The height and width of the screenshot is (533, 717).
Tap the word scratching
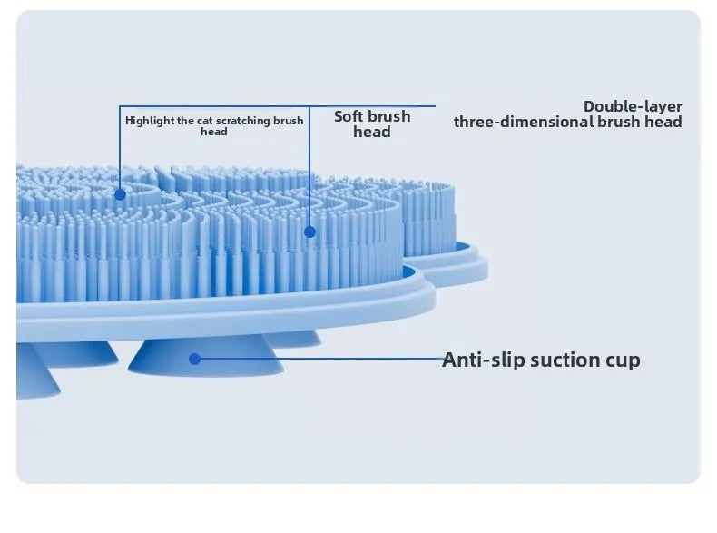[x=243, y=122]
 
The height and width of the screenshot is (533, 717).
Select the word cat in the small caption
[x=205, y=122]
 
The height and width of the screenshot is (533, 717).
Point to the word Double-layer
[x=633, y=106]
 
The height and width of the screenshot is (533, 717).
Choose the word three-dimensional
[x=524, y=122]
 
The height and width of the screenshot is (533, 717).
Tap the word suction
[x=565, y=360]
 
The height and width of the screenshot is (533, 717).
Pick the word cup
[x=624, y=361]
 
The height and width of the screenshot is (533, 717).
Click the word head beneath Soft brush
[x=372, y=132]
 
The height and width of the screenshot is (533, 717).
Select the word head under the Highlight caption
[x=214, y=132]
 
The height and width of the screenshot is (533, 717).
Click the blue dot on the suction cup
[x=195, y=360]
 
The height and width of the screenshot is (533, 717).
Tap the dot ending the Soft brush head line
[x=309, y=232]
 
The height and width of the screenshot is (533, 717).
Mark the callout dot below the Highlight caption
[x=121, y=195]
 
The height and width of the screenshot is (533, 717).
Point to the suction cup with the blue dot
[x=206, y=356]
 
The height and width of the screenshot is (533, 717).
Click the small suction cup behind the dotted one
[x=292, y=338]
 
